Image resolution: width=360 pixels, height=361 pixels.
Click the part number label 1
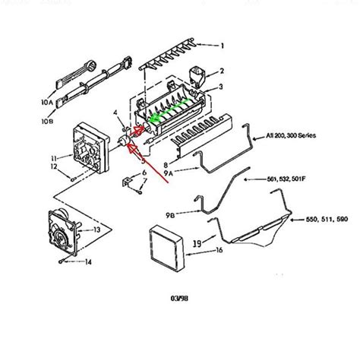click(223, 46)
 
